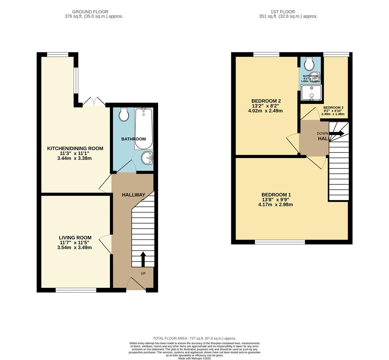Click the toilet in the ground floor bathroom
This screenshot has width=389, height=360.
(124, 114)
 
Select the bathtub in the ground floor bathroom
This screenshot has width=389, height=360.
(144, 129)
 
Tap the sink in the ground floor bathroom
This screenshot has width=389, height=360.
(147, 158)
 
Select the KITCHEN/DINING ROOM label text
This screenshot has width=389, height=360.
(75, 148)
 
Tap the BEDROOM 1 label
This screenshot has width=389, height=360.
(276, 195)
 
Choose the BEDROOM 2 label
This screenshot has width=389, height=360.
(266, 101)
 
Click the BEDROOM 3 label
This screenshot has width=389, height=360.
(333, 107)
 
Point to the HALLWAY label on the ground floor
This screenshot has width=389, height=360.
(133, 195)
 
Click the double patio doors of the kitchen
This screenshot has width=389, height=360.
(94, 101)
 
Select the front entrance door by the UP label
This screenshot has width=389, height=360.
(136, 284)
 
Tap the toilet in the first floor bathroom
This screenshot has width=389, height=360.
(309, 63)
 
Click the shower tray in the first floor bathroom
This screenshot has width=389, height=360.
(311, 92)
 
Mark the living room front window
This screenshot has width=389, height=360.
(76, 290)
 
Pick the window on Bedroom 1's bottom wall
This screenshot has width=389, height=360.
(280, 242)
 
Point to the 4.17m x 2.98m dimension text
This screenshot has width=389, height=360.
(275, 205)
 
